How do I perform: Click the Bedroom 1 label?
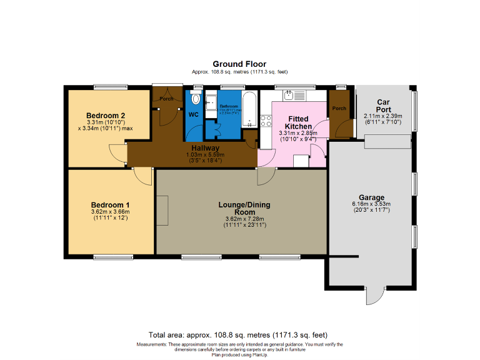coord(110,205)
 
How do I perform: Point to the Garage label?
coord(371,197)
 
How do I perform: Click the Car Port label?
coord(384,106)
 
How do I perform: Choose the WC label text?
coord(193,115)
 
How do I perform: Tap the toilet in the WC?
coord(195,99)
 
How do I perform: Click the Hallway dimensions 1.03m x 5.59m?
coord(205,155)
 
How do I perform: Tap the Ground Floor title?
coord(239,64)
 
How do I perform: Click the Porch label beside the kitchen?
coord(339,109)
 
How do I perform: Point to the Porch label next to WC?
coord(166,99)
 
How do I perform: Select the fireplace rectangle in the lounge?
coord(162,211)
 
